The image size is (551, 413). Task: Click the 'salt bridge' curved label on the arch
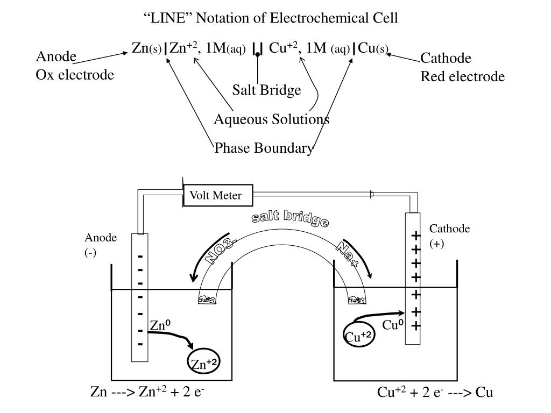(x=291, y=218)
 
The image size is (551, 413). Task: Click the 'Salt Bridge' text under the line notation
(x=266, y=90)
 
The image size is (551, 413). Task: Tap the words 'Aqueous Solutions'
(x=272, y=119)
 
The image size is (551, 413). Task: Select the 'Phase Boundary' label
(x=263, y=148)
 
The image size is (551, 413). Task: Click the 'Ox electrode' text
(x=75, y=75)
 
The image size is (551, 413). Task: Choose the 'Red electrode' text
(x=462, y=76)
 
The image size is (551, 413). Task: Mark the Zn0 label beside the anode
(x=160, y=325)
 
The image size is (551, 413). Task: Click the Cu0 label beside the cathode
(x=393, y=325)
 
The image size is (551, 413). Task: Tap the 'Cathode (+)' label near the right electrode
(x=449, y=236)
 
